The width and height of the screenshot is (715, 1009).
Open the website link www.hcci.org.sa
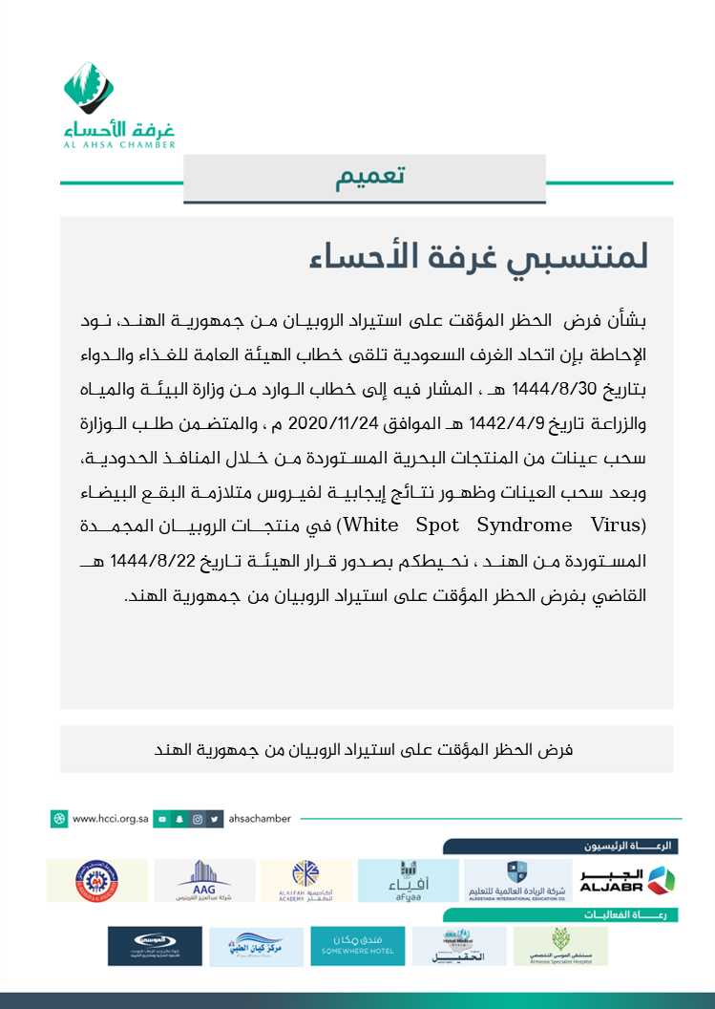pyautogui.click(x=102, y=819)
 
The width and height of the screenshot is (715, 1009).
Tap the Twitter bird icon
pyautogui.click(x=217, y=819)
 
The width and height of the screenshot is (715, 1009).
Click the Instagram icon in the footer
pyautogui.click(x=198, y=819)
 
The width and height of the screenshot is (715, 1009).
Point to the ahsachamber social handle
pyautogui.click(x=259, y=819)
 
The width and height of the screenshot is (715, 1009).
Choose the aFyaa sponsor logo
pyautogui.click(x=408, y=880)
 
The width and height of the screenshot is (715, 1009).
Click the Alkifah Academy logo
pyautogui.click(x=305, y=880)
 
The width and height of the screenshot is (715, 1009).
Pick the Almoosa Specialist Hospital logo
pyautogui.click(x=560, y=945)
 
